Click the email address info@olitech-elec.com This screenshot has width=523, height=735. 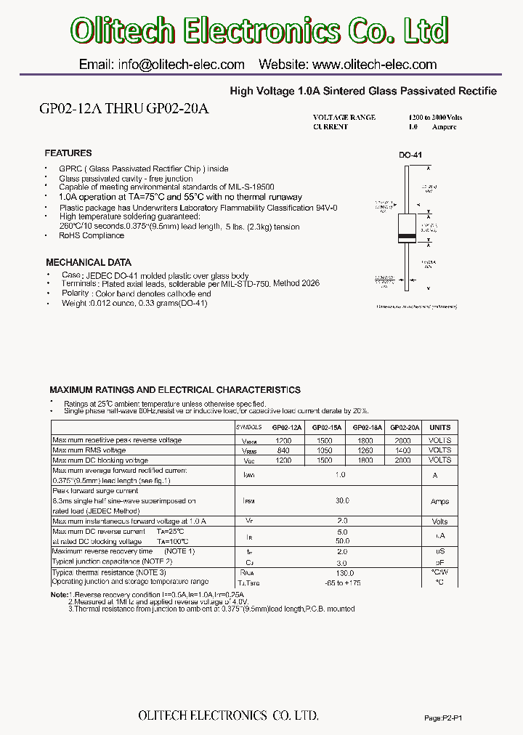[161, 65]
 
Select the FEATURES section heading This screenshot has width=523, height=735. [68, 153]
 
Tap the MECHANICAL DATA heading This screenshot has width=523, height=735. [89, 262]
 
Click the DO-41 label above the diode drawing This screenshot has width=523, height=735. [410, 155]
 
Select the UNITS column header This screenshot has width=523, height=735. [440, 428]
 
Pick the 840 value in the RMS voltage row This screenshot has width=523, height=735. [284, 450]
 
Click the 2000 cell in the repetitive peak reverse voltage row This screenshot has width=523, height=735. [403, 440]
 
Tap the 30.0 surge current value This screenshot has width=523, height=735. [343, 500]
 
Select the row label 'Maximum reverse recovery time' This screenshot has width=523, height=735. [113, 551]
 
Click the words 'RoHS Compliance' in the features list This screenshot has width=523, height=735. [92, 235]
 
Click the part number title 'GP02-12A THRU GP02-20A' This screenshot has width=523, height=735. [123, 109]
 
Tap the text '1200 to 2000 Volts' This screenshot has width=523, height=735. [436, 117]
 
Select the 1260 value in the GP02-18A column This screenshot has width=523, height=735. [365, 450]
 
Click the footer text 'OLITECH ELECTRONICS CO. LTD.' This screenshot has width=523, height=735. [228, 716]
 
